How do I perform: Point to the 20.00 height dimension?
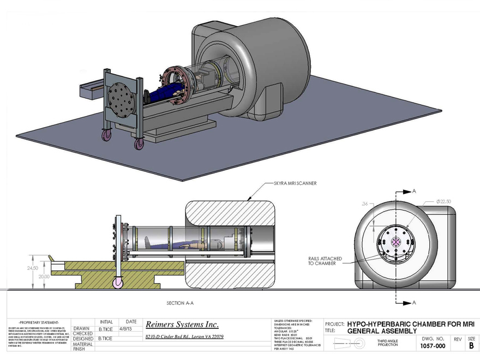tap(44, 277)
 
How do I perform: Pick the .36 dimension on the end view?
tap(364, 204)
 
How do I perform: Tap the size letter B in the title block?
tap(471, 345)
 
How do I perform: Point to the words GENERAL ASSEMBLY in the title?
tap(382, 331)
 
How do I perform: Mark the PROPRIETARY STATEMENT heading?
tap(35, 322)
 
